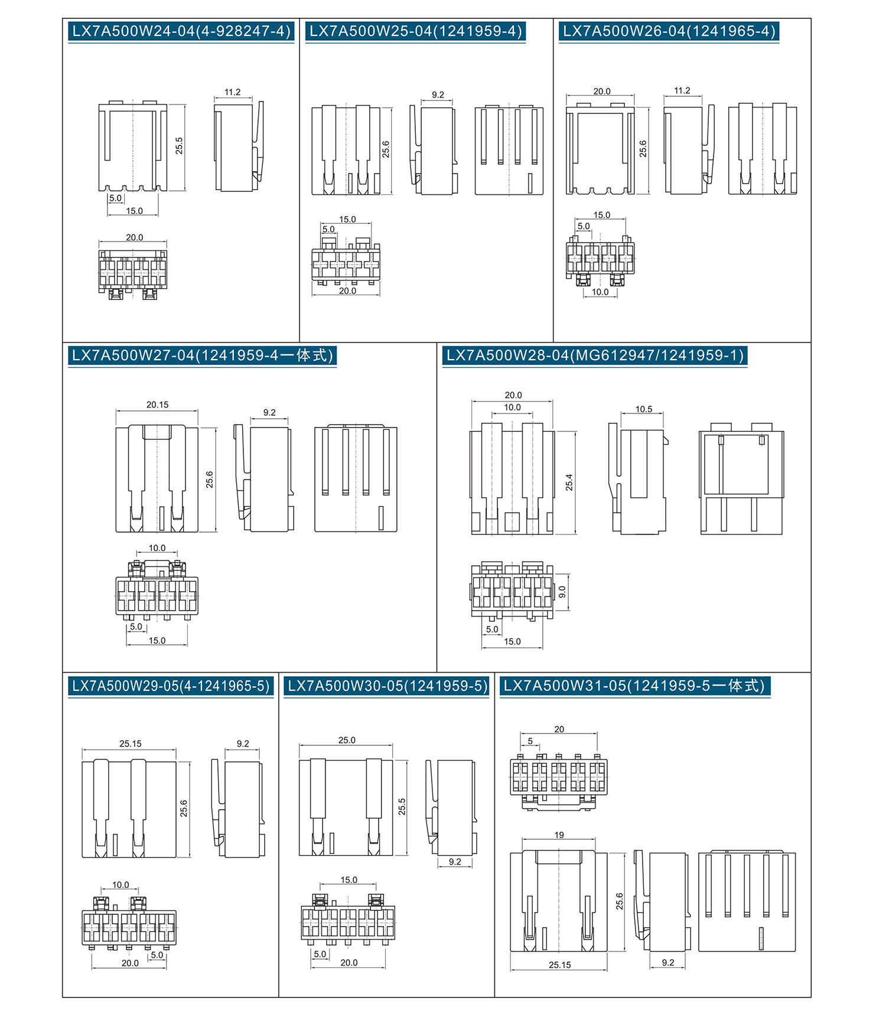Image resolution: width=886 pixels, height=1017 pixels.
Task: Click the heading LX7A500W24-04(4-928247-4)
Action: pos(181,31)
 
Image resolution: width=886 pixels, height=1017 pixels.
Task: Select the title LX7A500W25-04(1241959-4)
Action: pos(416,31)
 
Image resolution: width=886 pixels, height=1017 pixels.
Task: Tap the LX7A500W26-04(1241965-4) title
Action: pos(669,31)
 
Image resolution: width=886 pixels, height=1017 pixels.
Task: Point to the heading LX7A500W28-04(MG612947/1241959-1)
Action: pos(595,356)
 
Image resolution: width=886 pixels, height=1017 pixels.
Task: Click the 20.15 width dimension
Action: pos(158,405)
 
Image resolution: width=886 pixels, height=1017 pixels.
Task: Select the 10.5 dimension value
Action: pos(644,409)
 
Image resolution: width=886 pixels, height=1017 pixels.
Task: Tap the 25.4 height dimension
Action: pos(569,483)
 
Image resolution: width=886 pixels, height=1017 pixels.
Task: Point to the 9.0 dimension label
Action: pos(562,592)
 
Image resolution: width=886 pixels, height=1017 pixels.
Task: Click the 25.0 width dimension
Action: pos(347,741)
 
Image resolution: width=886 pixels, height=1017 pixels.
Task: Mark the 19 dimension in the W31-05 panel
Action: pos(559,835)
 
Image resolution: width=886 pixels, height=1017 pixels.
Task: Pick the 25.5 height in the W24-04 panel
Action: pos(180,146)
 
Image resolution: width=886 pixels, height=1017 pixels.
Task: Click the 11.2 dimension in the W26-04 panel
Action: pos(682,91)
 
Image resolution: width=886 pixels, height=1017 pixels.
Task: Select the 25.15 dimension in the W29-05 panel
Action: pos(131,744)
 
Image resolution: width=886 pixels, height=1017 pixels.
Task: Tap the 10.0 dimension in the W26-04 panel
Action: pos(600,292)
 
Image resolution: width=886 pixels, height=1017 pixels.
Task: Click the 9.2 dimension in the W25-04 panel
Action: pos(438,95)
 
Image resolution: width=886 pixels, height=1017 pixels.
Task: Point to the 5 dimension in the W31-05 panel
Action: pos(530,741)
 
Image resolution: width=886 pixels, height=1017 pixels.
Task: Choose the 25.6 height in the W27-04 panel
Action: pos(210,480)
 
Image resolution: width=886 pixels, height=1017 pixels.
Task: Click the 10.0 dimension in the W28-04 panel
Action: pos(513,408)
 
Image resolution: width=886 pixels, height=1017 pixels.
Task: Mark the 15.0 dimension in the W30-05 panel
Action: pos(349,881)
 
